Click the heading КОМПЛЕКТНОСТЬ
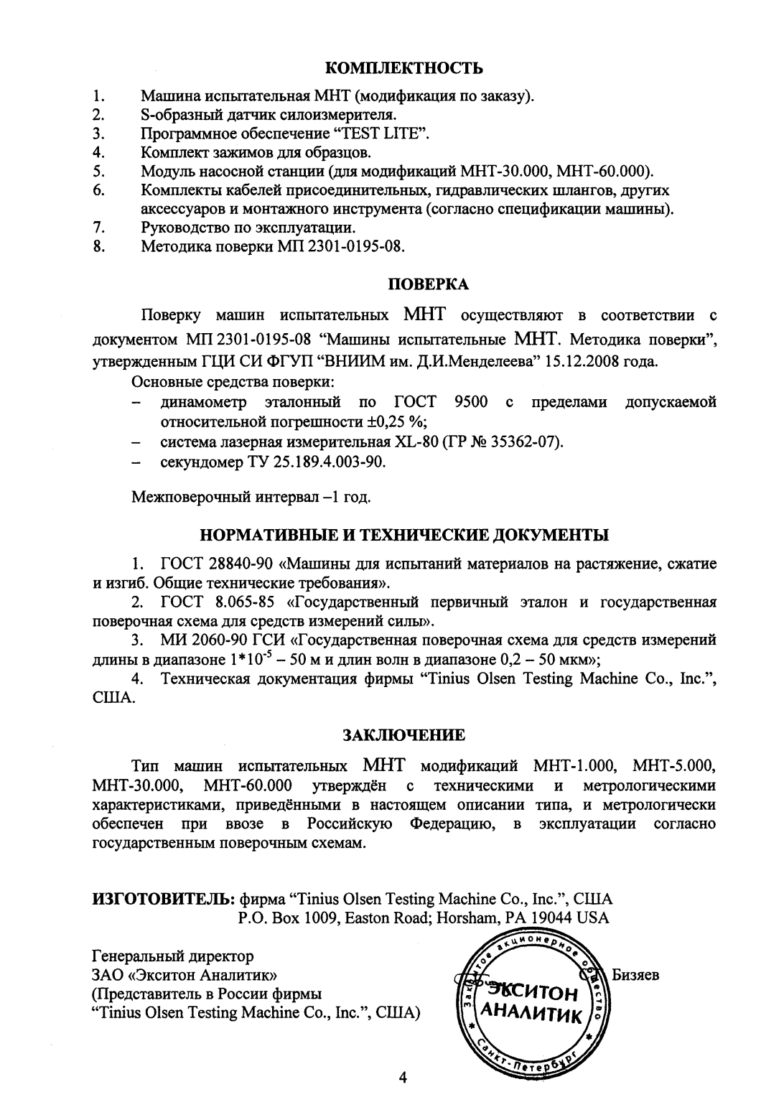point(404,69)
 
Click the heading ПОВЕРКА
point(428,284)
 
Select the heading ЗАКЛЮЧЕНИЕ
point(403,734)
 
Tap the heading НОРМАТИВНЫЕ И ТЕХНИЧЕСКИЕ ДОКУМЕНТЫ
point(403,535)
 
